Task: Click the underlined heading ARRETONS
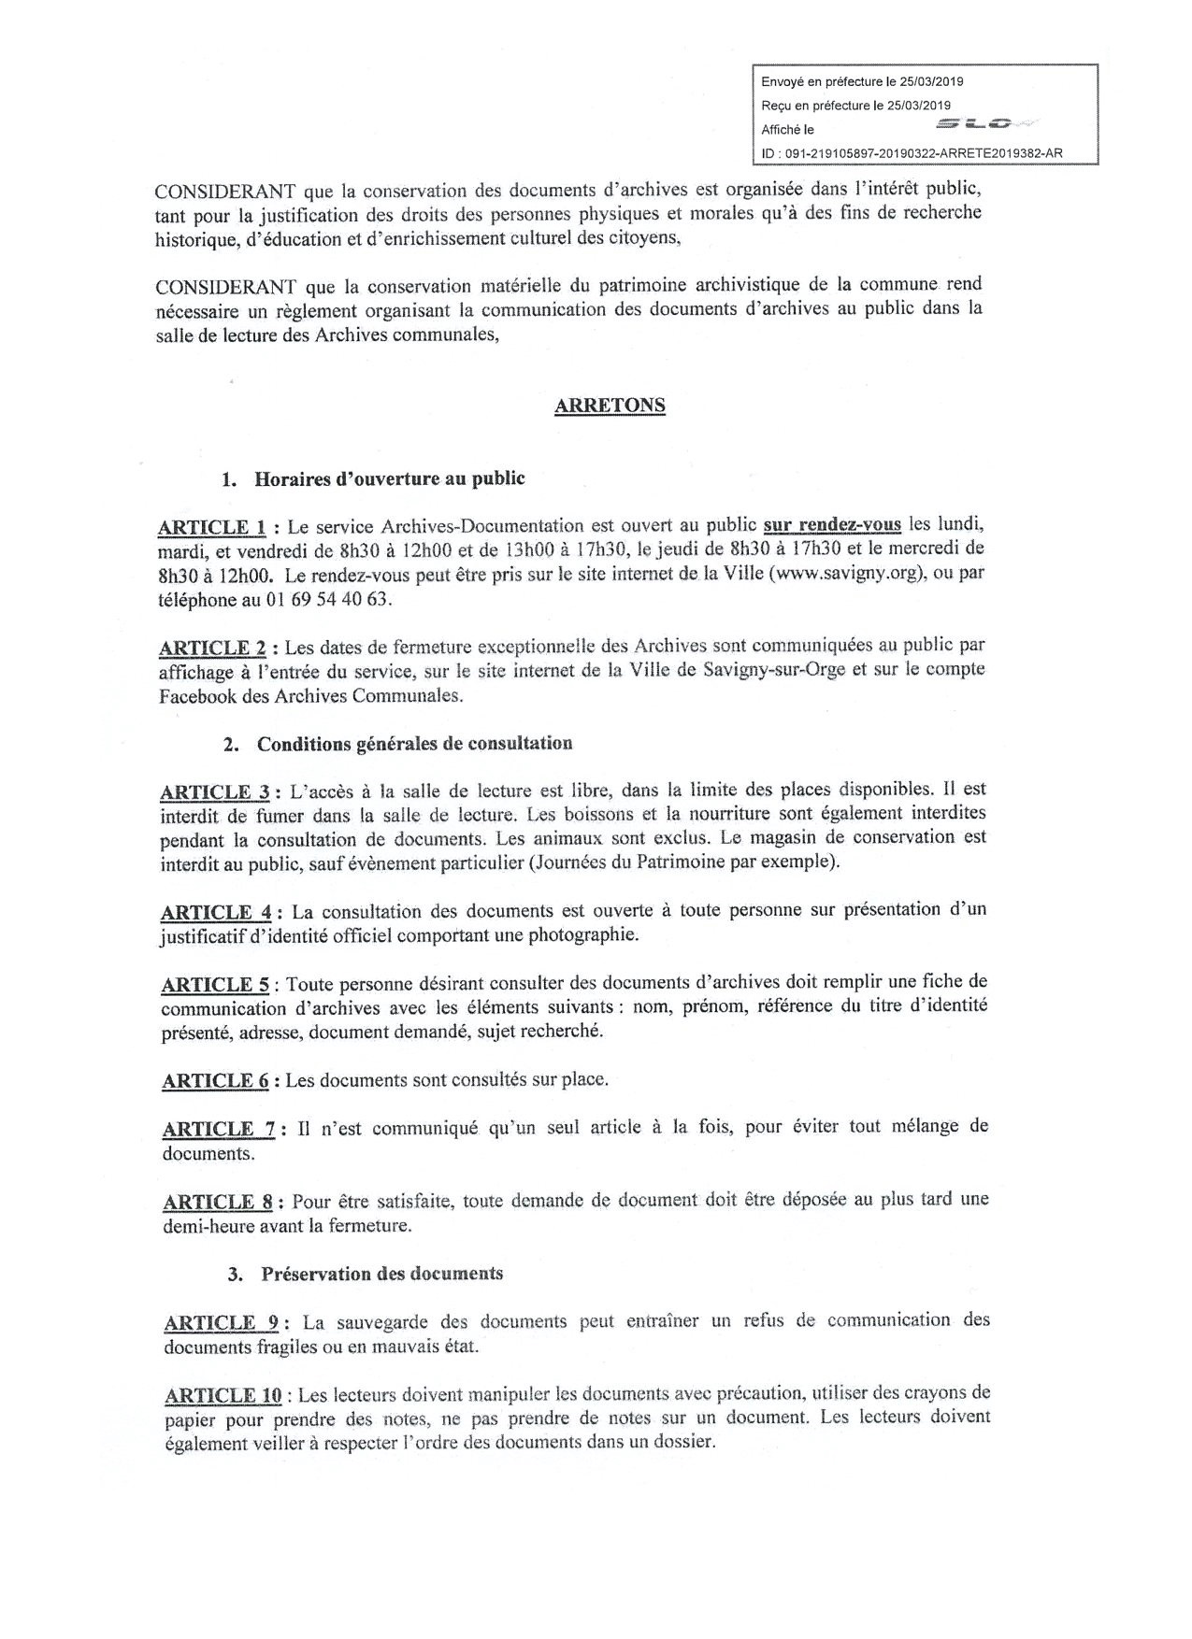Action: tap(610, 406)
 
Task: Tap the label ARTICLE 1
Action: tap(212, 527)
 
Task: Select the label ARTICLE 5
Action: tap(215, 985)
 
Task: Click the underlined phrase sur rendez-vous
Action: tap(832, 524)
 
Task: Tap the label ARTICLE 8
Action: tap(223, 1202)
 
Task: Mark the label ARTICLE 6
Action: tap(215, 1081)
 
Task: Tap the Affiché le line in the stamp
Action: tap(787, 130)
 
